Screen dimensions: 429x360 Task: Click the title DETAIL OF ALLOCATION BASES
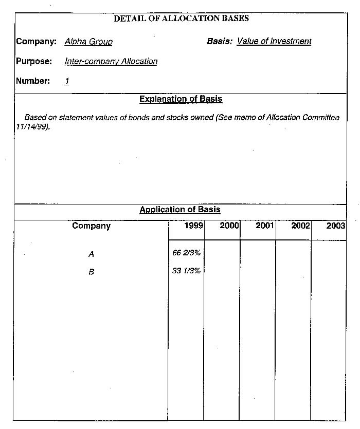(181, 18)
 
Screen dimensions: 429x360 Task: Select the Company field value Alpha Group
(88, 42)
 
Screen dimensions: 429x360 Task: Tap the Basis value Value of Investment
(274, 41)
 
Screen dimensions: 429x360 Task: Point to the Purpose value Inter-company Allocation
(111, 62)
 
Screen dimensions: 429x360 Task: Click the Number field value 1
(67, 81)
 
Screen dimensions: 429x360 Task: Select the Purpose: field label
(34, 62)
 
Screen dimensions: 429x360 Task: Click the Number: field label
(33, 81)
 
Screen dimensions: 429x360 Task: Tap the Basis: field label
(220, 41)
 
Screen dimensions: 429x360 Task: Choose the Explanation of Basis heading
(181, 99)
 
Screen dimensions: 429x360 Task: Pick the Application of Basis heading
(180, 210)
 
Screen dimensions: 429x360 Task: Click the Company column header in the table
(91, 226)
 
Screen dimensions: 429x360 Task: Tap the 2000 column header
(229, 226)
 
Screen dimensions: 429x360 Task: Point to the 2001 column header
(265, 226)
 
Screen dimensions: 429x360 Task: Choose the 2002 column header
(300, 226)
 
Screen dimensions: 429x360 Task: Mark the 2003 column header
(335, 226)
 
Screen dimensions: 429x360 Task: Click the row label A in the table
(91, 254)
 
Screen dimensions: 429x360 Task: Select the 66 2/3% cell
(186, 253)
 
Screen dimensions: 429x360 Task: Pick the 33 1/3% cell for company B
(186, 271)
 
